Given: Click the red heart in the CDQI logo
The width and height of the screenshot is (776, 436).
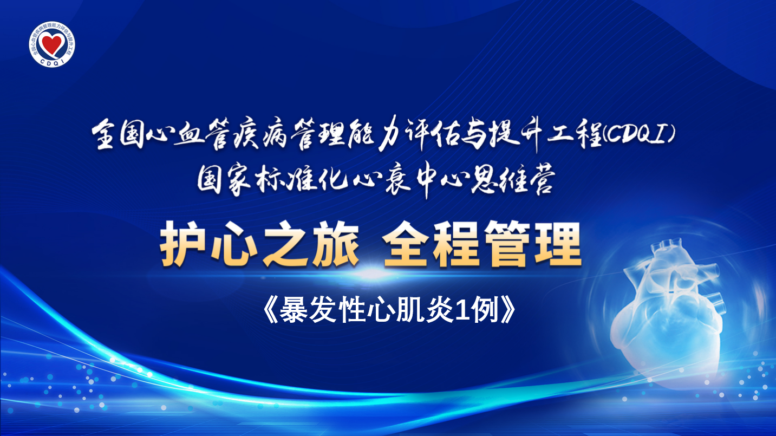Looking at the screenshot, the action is click(51, 43).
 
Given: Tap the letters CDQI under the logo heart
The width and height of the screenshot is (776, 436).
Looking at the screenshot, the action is click(51, 62).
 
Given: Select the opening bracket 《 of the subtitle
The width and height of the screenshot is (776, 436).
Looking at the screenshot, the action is click(271, 310).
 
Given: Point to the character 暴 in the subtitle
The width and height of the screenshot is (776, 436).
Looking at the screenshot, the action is click(293, 310).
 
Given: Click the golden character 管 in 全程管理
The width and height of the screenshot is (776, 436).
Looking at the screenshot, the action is click(507, 245).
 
